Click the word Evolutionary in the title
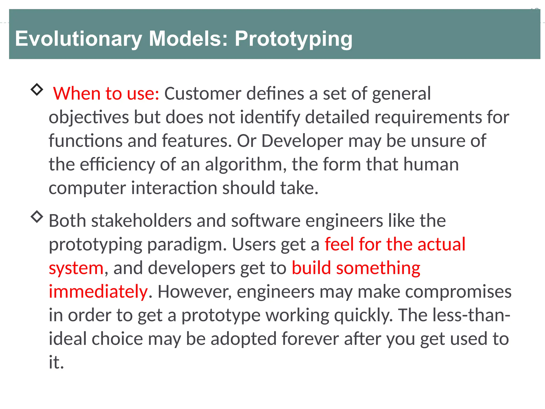point(79,39)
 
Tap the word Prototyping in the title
point(293,39)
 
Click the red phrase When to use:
point(106,94)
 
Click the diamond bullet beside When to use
point(37,89)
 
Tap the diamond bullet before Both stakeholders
point(37,216)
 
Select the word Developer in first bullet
point(302,141)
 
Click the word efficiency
point(117,164)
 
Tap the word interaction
point(174,188)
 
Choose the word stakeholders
point(141,221)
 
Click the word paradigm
point(187,244)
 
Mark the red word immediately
point(98,292)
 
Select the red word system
point(76,268)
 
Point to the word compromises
point(458,292)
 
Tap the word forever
point(310,339)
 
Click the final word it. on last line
point(56,362)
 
